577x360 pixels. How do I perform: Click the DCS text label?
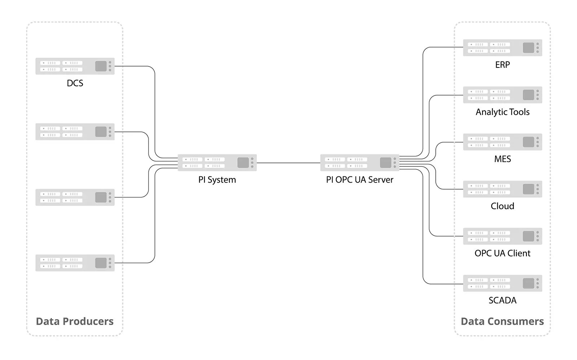(75, 83)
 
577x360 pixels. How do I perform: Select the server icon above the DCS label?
(75, 66)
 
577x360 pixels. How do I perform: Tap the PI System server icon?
(217, 163)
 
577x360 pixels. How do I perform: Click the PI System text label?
(217, 180)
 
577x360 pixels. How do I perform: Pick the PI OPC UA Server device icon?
(360, 163)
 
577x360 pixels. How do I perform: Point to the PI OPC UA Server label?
(360, 180)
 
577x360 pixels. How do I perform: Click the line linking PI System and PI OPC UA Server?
(288, 163)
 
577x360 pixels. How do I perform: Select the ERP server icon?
(502, 48)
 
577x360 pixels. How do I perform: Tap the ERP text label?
(502, 65)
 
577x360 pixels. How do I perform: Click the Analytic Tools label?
(502, 112)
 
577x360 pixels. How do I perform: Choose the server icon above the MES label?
(502, 142)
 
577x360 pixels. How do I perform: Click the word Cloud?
(502, 206)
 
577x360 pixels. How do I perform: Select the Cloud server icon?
(502, 189)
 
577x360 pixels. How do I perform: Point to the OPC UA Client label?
(502, 253)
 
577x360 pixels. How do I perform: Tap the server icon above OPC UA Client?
(502, 236)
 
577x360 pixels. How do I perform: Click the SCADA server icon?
(502, 284)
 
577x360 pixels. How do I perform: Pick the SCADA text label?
(502, 300)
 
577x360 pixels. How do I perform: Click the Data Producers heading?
(75, 321)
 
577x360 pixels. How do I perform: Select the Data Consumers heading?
(502, 321)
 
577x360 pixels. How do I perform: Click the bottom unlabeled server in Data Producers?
(75, 263)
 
